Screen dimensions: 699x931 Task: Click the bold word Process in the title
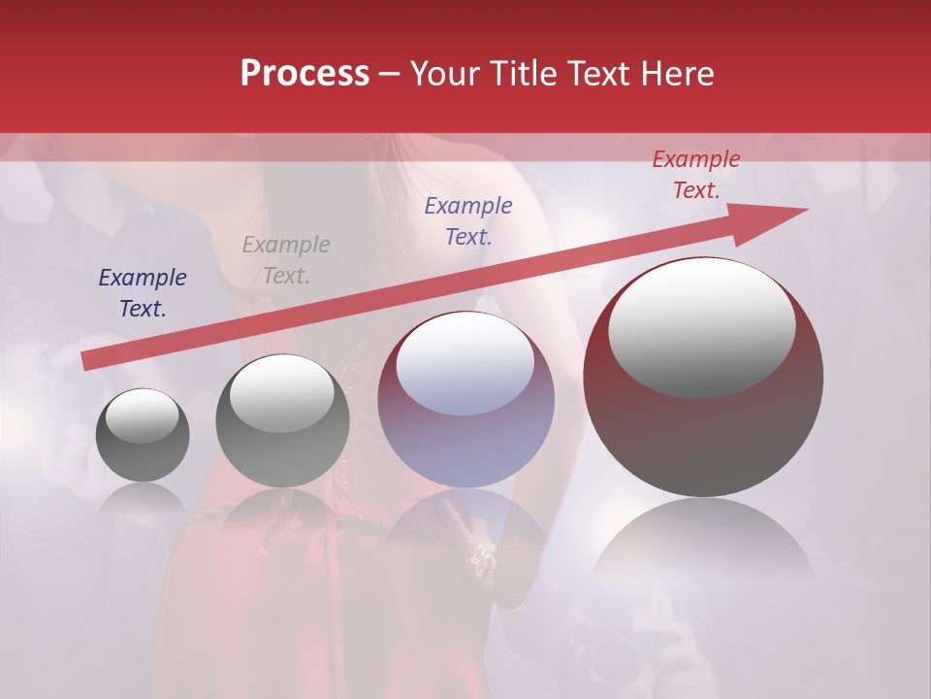(305, 74)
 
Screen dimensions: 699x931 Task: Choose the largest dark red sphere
(703, 427)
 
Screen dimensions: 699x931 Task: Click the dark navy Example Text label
(143, 293)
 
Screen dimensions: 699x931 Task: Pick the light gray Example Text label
(286, 260)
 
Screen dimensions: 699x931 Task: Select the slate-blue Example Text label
(468, 221)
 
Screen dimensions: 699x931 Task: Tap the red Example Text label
(695, 175)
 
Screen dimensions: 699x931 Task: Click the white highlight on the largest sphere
(702, 325)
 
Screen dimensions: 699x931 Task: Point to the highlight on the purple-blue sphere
(465, 363)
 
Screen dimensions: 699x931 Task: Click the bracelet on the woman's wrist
(482, 557)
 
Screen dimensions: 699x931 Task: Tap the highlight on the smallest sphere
(143, 416)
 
